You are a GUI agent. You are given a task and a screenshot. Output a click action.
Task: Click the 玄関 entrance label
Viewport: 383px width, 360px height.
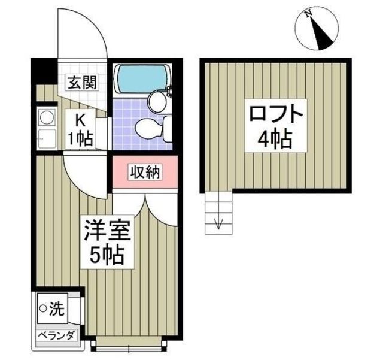point(83,83)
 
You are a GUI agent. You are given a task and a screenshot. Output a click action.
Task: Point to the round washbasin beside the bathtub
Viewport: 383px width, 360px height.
point(158,101)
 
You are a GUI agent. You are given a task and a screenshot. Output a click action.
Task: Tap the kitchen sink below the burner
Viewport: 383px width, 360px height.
point(47,138)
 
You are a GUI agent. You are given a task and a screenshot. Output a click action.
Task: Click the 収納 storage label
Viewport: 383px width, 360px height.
point(145,172)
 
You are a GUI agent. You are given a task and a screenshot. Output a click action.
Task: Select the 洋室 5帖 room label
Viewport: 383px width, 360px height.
point(107,242)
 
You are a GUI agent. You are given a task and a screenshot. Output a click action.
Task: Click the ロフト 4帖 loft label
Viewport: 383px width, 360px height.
point(275,126)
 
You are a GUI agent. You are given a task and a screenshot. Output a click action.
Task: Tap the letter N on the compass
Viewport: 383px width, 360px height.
point(309,13)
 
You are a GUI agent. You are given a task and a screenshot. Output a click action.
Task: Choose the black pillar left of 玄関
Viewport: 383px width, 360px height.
point(44,71)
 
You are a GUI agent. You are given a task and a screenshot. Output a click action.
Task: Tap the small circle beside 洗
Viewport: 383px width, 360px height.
point(43,309)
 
